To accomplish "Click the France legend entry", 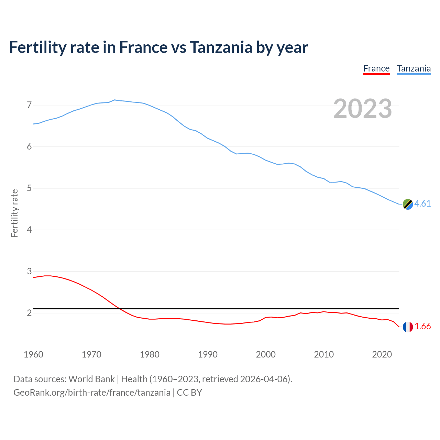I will click(x=376, y=68).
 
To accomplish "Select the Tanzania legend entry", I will click(x=414, y=68).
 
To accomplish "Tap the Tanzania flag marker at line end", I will click(x=408, y=204).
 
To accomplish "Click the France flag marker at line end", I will click(x=408, y=327).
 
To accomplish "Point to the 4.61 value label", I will click(x=422, y=203).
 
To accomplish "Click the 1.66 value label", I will click(x=422, y=326).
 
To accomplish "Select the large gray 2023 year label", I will click(x=363, y=109).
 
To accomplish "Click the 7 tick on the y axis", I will click(x=29, y=105).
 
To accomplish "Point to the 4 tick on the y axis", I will click(x=29, y=230).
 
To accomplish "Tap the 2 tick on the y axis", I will click(x=29, y=313).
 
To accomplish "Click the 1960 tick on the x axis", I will click(x=33, y=354).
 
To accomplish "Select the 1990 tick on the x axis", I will click(x=208, y=354).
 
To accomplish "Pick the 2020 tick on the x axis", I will click(x=382, y=354).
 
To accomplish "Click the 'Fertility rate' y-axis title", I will click(x=14, y=213).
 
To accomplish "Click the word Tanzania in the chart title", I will click(x=221, y=47).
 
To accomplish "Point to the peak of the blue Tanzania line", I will click(x=114, y=100).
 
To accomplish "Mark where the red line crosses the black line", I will click(x=120, y=309).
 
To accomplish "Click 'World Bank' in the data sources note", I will click(x=91, y=379).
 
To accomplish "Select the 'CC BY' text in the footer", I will click(x=189, y=393).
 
